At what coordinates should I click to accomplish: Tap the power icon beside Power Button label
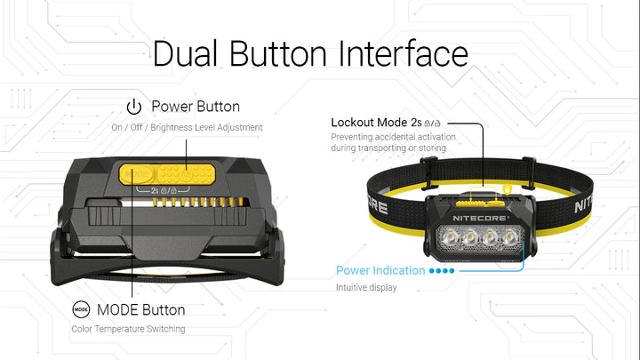134,108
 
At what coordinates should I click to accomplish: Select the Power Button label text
195,107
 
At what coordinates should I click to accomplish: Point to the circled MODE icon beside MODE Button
81,310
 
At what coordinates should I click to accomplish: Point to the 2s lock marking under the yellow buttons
161,190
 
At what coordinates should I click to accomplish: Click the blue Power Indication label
380,270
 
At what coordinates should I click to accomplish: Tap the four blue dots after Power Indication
442,271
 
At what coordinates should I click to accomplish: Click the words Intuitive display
365,287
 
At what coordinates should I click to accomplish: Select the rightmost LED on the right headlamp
511,238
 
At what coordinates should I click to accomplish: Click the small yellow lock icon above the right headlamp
507,188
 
